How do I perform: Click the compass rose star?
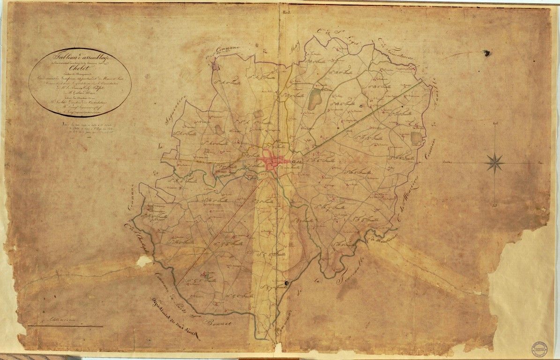tap(495, 162)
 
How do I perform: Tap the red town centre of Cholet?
tap(274, 160)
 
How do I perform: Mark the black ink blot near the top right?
tap(489, 52)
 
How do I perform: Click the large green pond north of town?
tap(314, 98)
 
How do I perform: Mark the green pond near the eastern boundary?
tap(416, 138)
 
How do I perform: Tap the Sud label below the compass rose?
tap(495, 205)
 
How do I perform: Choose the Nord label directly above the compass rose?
tap(496, 123)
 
